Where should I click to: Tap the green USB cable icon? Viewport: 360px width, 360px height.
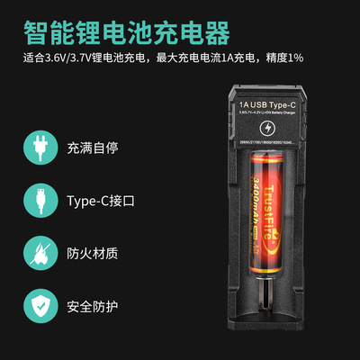39,200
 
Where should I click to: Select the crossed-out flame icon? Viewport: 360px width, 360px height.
39,252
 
